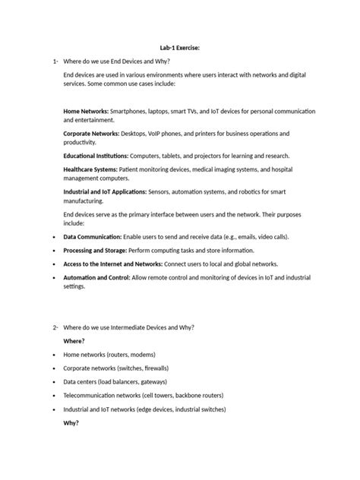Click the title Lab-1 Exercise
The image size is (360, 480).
(x=179, y=46)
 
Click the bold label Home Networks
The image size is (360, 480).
(x=86, y=111)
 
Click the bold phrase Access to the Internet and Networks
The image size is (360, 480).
(x=112, y=264)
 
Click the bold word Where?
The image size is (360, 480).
(x=74, y=340)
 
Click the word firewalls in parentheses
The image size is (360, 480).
(x=170, y=368)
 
